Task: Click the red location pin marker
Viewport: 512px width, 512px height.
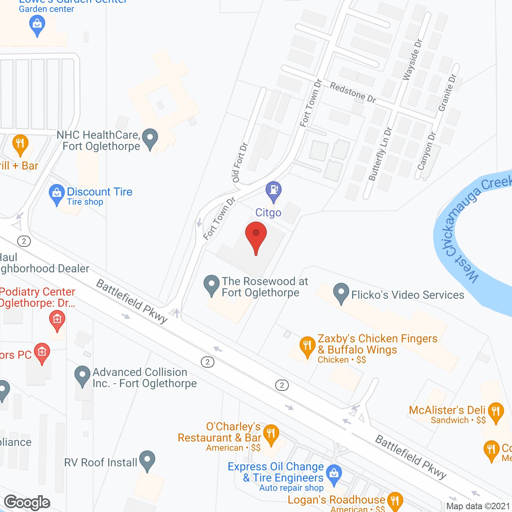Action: coord(256,236)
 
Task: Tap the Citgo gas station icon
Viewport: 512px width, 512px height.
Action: coord(274,190)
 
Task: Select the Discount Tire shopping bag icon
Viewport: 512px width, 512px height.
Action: coord(56,194)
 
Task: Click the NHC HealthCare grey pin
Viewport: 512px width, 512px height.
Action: coord(150,138)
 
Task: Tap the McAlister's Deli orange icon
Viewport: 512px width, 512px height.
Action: coord(496,412)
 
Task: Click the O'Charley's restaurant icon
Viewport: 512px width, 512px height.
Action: coord(271,434)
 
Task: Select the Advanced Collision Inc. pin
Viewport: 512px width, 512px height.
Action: coord(82,376)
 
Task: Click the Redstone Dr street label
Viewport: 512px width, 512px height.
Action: coord(353,92)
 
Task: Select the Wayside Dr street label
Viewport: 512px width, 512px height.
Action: coord(412,60)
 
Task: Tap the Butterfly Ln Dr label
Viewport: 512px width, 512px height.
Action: coord(380,154)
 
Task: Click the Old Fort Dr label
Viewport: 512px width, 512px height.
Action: coord(240,162)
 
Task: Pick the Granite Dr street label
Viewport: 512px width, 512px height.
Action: coord(447,93)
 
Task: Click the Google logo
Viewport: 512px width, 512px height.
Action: coord(27,502)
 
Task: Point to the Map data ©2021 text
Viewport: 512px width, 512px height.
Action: coord(478,506)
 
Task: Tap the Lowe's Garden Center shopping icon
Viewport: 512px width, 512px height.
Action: coord(37,24)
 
